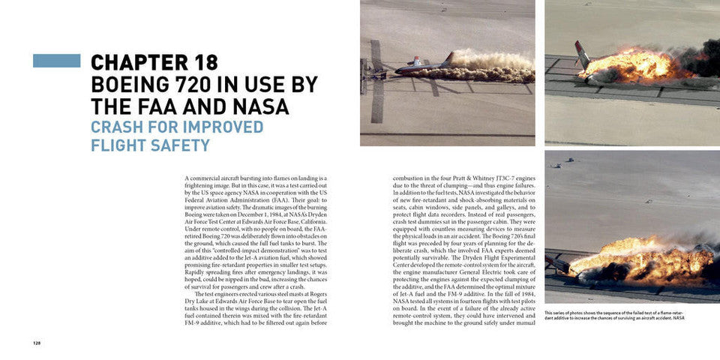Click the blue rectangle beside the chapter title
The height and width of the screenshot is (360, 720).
pyautogui.click(x=56, y=61)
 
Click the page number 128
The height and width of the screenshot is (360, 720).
pyautogui.click(x=36, y=343)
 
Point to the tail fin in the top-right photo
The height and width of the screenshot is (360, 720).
pyautogui.click(x=582, y=53)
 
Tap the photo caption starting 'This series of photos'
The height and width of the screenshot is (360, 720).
pyautogui.click(x=613, y=315)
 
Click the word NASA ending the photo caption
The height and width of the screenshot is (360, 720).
pyautogui.click(x=678, y=318)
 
